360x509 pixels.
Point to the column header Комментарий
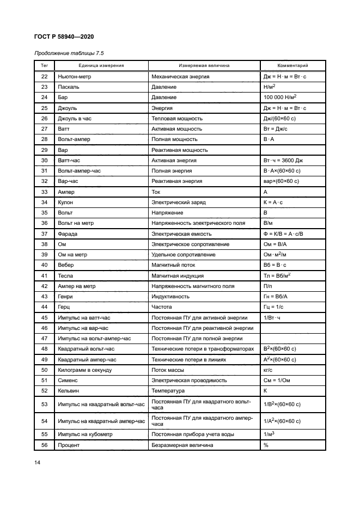pyautogui.click(x=292, y=66)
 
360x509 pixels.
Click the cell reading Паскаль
pyautogui.click(x=68, y=87)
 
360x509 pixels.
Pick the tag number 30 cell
pyautogui.click(x=45, y=161)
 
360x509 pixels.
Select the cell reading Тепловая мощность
pyautogui.click(x=177, y=119)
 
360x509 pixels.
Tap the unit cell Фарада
pyautogui.click(x=68, y=234)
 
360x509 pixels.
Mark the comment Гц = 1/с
pyautogui.click(x=277, y=307)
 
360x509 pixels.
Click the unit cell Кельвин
pyautogui.click(x=69, y=391)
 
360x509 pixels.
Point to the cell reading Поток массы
pyautogui.click(x=169, y=370)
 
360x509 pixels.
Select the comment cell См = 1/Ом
pyautogui.click(x=280, y=381)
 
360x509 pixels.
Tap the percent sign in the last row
pyautogui.click(x=266, y=445)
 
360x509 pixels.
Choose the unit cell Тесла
pyautogui.click(x=66, y=276)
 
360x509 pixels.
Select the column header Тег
pyautogui.click(x=45, y=66)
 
